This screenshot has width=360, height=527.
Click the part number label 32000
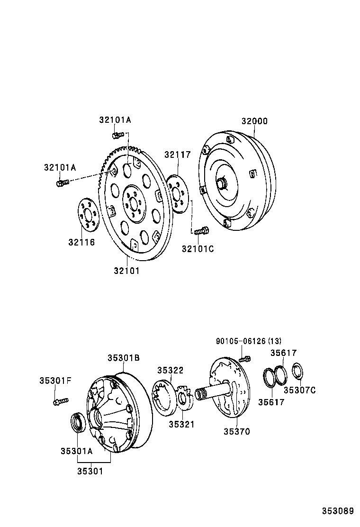click(254, 121)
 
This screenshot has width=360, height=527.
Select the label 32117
click(178, 154)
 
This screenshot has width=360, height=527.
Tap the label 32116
click(81, 242)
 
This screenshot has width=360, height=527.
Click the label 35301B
click(123, 358)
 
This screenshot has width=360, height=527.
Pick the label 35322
click(170, 370)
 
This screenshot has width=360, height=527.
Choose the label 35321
click(181, 424)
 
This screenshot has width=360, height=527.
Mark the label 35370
click(237, 431)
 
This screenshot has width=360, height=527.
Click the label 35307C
click(299, 390)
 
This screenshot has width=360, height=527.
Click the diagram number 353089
click(338, 511)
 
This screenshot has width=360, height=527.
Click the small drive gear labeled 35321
click(185, 397)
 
